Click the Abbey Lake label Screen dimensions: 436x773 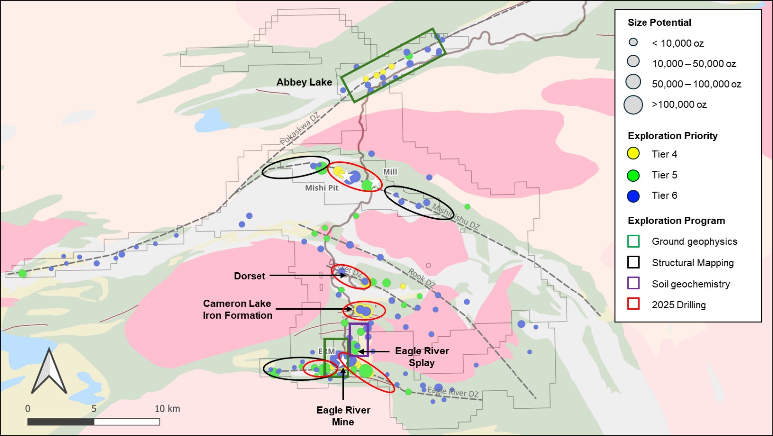click(x=304, y=82)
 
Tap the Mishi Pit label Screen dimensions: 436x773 click(x=322, y=188)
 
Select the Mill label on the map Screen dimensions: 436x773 click(x=390, y=172)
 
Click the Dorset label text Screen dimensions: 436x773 click(x=250, y=276)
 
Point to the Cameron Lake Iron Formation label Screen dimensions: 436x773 click(x=238, y=309)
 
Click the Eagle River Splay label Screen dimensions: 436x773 click(x=422, y=357)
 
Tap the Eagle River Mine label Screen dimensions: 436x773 click(x=343, y=416)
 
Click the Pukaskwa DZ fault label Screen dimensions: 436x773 click(x=299, y=129)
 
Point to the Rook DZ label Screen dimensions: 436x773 click(x=422, y=277)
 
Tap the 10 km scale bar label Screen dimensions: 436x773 click(x=167, y=409)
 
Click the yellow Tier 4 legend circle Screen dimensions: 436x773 click(x=633, y=154)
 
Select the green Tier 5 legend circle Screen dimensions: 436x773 click(x=633, y=175)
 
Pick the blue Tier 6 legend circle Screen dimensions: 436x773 click(x=633, y=196)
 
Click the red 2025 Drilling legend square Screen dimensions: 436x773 click(x=633, y=304)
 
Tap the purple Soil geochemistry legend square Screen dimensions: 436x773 click(x=633, y=283)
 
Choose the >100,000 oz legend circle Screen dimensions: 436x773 click(x=633, y=105)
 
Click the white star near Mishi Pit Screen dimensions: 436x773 click(x=346, y=176)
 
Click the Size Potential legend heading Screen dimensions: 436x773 click(x=659, y=23)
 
